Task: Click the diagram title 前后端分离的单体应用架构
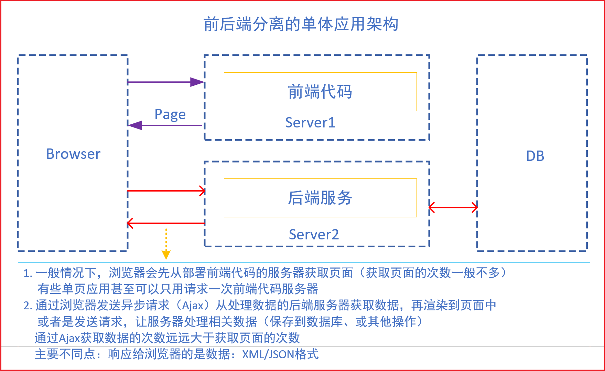coord(301,24)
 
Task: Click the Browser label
coord(73,154)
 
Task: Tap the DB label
coord(535,156)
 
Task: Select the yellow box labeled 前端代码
coord(320,92)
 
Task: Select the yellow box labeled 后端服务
coord(320,198)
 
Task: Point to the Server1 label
coord(310,123)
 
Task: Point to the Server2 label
coord(314,235)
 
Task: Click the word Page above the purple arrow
coord(170,114)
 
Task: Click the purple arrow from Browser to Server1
coord(166,82)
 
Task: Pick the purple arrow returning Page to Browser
coord(165,125)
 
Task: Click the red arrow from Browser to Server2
coord(166,190)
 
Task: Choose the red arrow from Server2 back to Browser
coord(166,223)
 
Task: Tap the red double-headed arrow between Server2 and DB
coord(453,207)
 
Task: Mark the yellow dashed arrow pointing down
coord(166,244)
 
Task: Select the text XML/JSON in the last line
coord(268,354)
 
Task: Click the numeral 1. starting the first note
coord(28,273)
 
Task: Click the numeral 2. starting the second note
coord(28,306)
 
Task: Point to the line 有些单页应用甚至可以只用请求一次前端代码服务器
coord(178,289)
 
